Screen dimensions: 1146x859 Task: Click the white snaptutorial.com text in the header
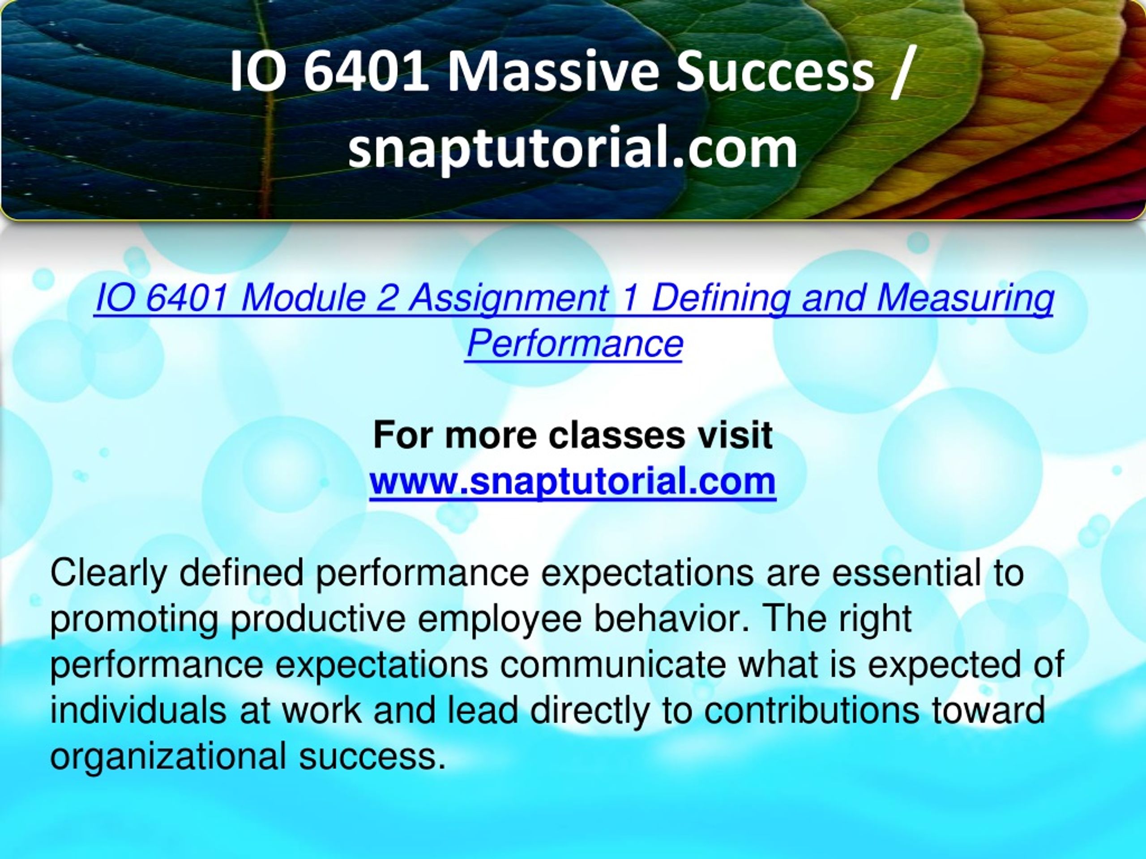(573, 149)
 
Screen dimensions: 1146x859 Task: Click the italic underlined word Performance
(574, 343)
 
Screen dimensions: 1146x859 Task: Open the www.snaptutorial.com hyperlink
(573, 482)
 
